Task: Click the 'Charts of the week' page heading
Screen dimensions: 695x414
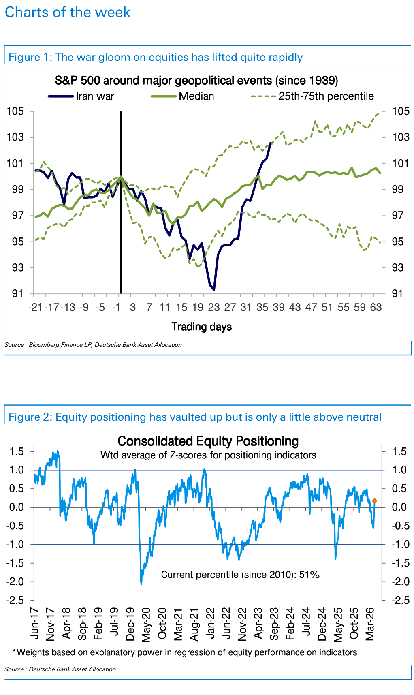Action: click(68, 12)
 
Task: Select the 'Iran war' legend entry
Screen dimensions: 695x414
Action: click(95, 96)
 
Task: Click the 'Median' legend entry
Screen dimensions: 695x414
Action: click(196, 96)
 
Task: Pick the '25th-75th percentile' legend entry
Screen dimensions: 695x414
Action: click(326, 96)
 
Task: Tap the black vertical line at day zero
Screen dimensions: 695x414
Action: click(121, 203)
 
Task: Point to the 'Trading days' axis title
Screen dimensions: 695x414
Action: click(201, 327)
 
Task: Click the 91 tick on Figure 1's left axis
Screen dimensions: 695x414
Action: click(17, 293)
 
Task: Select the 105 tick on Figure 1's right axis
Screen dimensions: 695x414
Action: click(400, 111)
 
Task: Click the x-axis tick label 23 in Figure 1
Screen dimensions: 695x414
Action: click(214, 307)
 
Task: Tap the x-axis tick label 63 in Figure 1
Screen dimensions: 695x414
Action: click(376, 307)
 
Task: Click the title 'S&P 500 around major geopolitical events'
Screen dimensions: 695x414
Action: click(196, 81)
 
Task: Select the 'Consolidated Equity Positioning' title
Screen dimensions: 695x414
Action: click(208, 441)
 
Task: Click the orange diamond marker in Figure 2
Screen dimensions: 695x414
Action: click(374, 501)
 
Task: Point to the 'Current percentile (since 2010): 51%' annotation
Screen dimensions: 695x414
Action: click(240, 575)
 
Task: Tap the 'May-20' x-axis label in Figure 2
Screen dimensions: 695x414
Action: click(146, 624)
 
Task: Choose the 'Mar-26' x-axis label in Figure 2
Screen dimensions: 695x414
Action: click(370, 624)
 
